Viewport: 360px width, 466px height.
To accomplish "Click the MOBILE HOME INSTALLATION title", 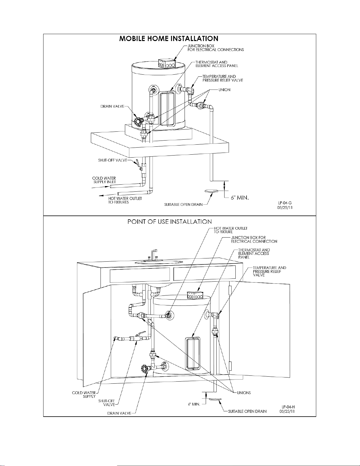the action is coord(169,39).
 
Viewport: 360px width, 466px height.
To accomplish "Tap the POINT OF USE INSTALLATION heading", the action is coord(170,221).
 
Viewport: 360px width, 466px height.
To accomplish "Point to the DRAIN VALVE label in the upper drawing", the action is coord(112,106).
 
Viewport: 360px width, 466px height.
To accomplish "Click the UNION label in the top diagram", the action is coord(224,90).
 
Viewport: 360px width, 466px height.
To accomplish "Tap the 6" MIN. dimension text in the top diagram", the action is coord(240,198).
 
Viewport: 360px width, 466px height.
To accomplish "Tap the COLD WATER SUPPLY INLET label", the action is coord(104,180).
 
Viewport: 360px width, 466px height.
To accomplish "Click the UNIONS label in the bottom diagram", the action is coord(244,393).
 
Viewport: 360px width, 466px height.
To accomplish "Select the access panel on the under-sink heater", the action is coord(193,353).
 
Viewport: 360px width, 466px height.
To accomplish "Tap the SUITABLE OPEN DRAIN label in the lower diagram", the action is coord(247,411).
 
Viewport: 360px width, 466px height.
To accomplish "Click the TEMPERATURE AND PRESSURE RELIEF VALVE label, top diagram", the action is coord(223,78).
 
